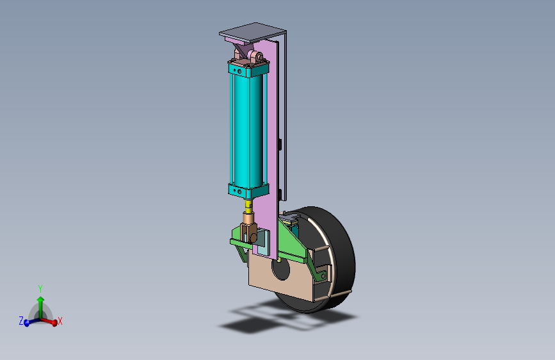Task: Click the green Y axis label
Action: click(40, 289)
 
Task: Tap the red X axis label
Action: click(60, 322)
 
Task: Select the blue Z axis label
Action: click(21, 321)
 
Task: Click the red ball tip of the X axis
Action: click(54, 323)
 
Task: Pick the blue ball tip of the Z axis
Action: click(26, 323)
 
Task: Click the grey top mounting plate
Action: click(252, 32)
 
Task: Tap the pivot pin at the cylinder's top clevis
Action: click(259, 57)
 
